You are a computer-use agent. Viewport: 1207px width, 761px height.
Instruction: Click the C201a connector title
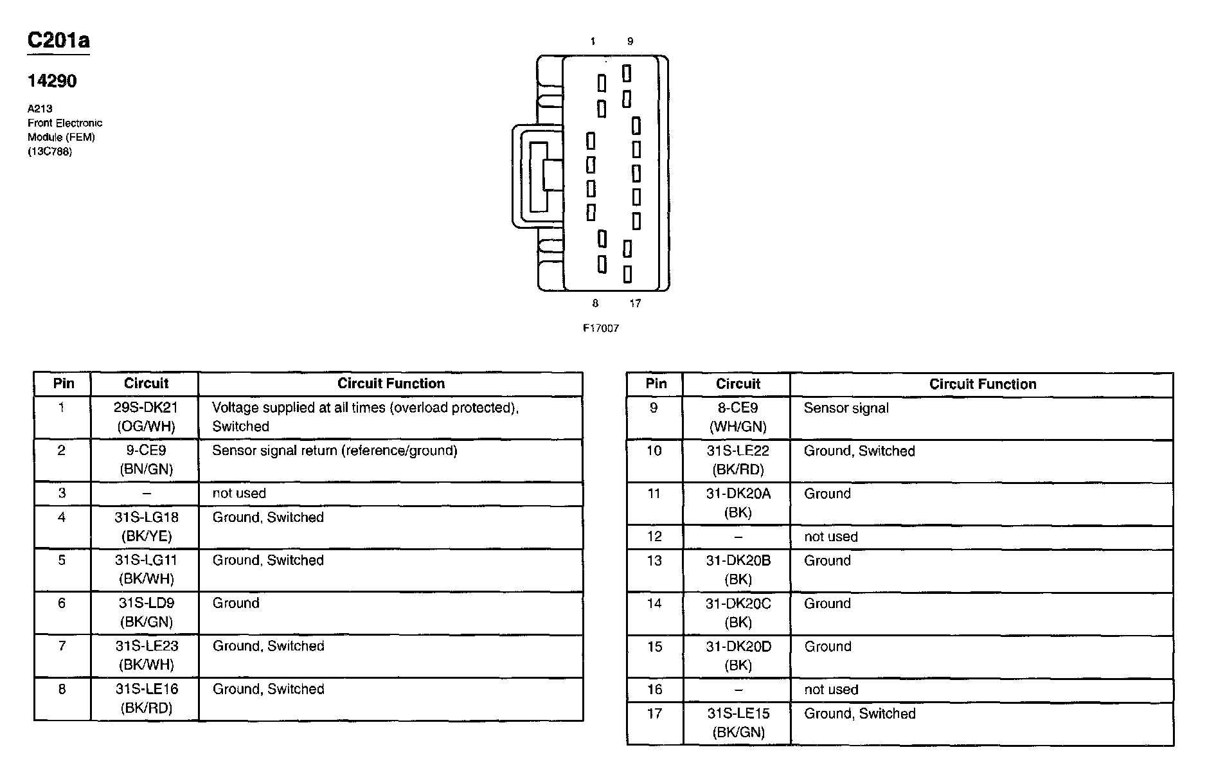58,40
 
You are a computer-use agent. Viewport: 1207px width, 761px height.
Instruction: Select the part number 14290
52,81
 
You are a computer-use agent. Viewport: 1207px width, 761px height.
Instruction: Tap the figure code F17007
600,328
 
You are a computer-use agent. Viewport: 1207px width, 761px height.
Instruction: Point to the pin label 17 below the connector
635,303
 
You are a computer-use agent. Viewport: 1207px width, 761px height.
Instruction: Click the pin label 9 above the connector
630,42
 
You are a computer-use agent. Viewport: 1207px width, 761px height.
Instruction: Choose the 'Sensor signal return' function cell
334,451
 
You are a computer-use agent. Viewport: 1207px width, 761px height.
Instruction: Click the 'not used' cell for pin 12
830,537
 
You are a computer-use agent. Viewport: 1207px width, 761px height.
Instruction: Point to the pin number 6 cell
62,604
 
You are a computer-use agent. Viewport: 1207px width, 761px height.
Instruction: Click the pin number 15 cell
654,647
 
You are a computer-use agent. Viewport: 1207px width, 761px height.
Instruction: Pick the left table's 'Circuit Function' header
391,384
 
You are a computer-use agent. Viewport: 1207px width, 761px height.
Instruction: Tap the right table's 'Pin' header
656,384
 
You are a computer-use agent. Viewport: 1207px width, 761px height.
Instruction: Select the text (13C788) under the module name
49,152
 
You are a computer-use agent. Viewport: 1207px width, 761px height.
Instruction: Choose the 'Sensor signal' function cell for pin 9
846,408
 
